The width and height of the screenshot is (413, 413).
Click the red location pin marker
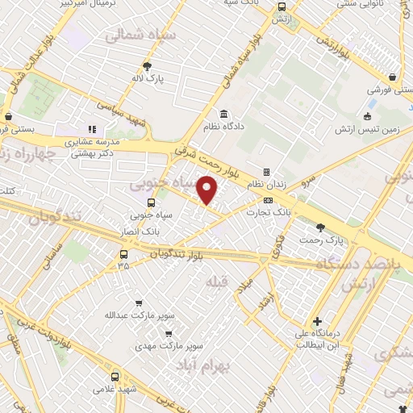(208, 190)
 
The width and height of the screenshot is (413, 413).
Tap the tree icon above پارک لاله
(147, 67)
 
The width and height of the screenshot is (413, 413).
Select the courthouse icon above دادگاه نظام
(223, 113)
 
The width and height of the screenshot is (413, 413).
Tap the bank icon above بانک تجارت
(269, 199)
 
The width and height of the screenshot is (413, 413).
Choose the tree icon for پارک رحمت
(321, 227)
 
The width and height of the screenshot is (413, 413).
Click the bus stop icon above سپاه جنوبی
(151, 203)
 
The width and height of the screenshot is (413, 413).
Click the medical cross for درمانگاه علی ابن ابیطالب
(319, 320)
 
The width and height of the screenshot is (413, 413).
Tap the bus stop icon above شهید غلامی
(115, 377)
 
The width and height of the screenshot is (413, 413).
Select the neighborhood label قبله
(215, 282)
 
